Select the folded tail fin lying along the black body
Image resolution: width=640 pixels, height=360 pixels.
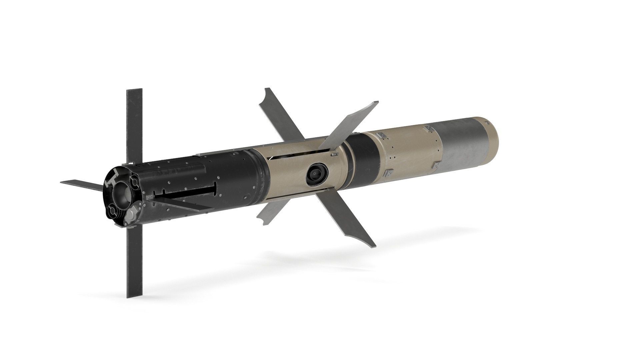180,204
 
